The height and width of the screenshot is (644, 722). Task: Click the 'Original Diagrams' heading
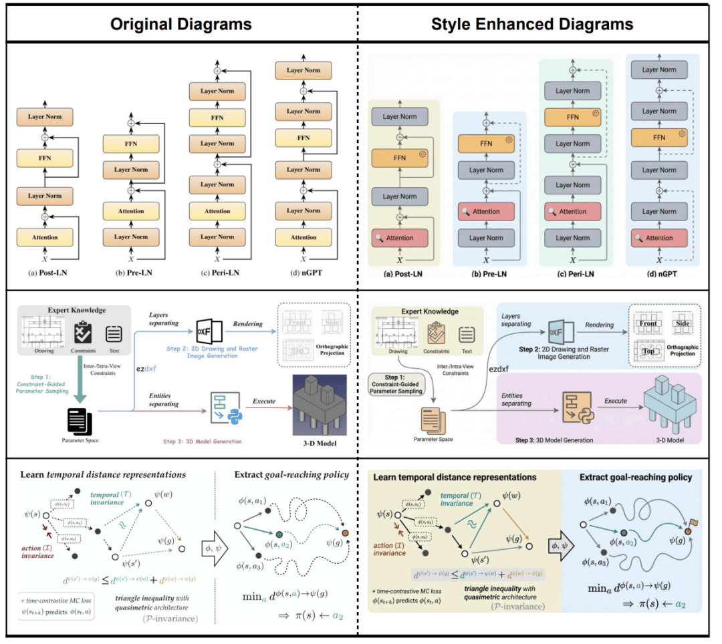(x=180, y=25)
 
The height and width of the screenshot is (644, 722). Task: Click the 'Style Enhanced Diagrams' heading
(x=532, y=25)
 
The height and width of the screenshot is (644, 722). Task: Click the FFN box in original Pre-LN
(x=130, y=142)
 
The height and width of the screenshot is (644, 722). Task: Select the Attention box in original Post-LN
(x=44, y=236)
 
